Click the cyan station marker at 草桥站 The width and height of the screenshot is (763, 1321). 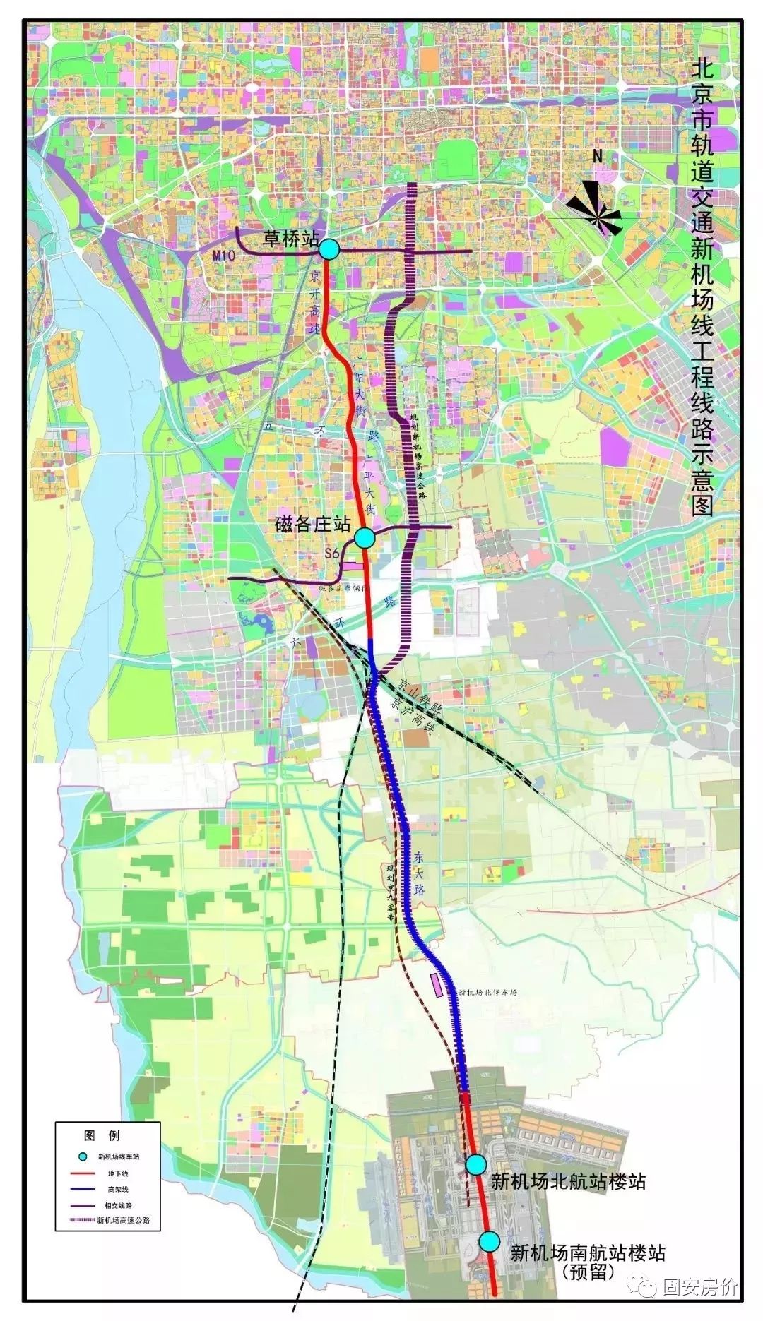click(x=329, y=249)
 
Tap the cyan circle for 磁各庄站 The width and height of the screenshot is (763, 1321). click(x=364, y=538)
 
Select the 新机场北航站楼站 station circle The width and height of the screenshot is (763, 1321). click(x=476, y=1164)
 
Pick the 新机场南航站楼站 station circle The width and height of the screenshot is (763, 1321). click(x=489, y=1241)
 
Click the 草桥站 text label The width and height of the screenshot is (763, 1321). click(x=290, y=239)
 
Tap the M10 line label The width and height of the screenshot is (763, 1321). click(x=224, y=257)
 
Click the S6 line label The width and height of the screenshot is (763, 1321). click(x=333, y=555)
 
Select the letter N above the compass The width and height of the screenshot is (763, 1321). click(x=597, y=157)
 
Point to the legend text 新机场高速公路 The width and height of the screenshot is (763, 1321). click(x=123, y=1221)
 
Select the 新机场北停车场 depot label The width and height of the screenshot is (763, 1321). click(x=488, y=992)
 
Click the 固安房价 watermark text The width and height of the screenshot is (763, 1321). click(x=699, y=1287)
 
